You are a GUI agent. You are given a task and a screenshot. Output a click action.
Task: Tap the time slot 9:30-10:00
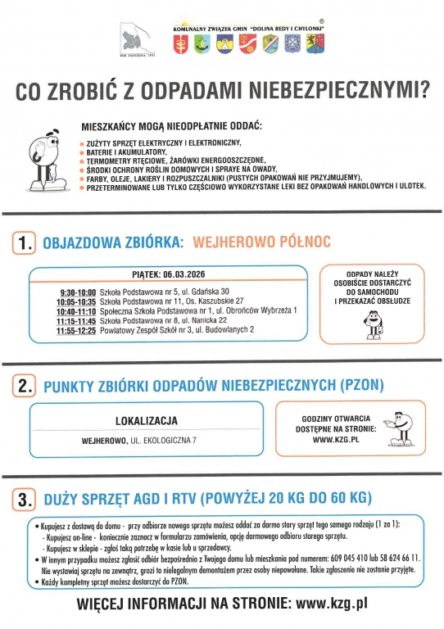pos(78,292)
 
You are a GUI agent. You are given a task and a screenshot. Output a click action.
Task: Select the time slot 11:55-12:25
pos(76,329)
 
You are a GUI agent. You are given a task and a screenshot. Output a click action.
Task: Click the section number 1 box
pos(26,242)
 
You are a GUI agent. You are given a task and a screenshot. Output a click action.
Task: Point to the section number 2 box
pos(26,385)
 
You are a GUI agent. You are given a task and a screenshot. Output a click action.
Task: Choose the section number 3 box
pos(26,498)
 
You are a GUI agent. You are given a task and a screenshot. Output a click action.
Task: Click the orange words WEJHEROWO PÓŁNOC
pos(261,242)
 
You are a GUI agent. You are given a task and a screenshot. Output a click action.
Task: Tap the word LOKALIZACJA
pos(147,421)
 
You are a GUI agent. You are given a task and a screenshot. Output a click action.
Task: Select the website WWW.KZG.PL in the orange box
pos(338,438)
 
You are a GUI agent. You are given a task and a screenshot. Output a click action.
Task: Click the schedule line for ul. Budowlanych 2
pos(175,329)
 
